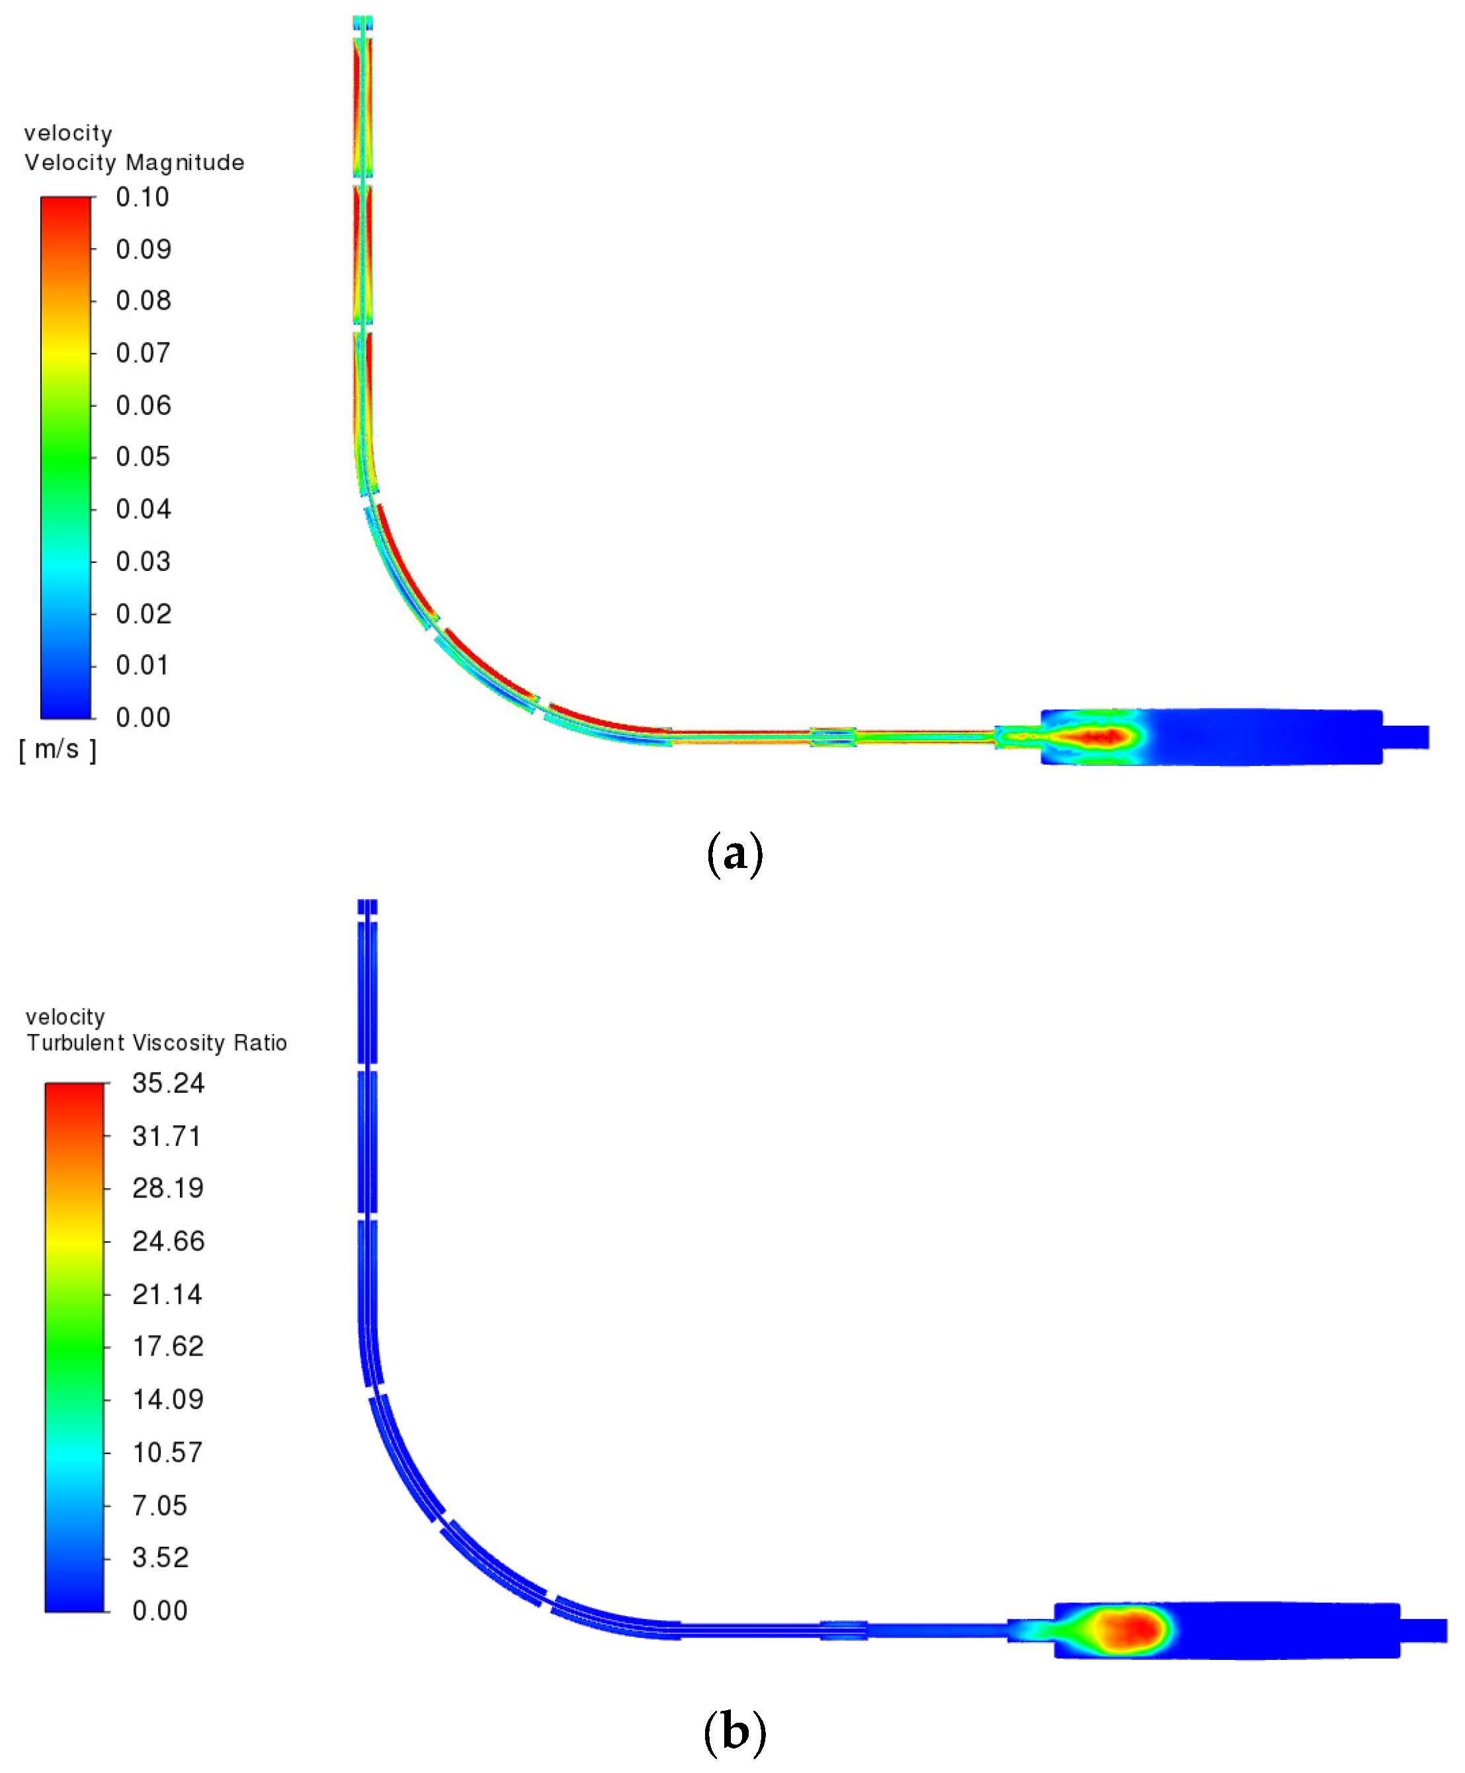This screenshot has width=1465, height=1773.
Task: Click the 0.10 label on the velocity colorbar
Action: point(143,197)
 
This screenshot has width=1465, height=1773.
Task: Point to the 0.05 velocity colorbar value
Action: point(143,456)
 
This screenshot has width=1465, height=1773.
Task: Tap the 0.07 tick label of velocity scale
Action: point(143,353)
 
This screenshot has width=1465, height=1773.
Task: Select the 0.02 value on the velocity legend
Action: point(143,613)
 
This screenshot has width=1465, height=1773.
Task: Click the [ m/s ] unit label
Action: point(58,750)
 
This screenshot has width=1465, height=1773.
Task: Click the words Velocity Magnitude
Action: point(134,162)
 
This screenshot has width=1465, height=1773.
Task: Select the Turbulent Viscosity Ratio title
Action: point(156,1043)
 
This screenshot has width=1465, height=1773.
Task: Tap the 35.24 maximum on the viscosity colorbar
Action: point(168,1084)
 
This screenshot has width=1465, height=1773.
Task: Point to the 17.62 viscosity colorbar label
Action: point(168,1346)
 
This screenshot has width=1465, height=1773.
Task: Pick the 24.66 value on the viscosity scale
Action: point(168,1241)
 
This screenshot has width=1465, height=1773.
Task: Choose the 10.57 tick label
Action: point(167,1452)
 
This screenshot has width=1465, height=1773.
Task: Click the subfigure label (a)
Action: point(734,854)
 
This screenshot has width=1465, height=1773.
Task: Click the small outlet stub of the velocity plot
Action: point(1405,737)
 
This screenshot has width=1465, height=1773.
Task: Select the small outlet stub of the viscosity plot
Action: point(1423,1630)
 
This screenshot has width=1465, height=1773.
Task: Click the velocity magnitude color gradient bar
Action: point(66,457)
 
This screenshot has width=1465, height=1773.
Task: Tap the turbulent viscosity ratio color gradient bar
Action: point(74,1347)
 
